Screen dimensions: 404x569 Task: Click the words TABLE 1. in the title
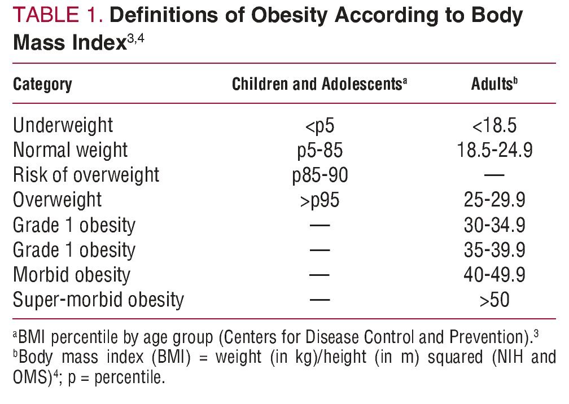[x=57, y=16]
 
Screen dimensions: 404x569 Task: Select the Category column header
[x=42, y=85]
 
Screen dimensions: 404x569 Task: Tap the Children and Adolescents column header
[x=319, y=85]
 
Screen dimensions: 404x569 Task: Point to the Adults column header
[x=494, y=85]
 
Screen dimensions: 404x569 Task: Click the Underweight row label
[x=63, y=125]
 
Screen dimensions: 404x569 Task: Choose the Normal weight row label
[x=70, y=150]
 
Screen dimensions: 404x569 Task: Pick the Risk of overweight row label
[x=86, y=175]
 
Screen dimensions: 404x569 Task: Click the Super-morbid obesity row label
[x=98, y=299]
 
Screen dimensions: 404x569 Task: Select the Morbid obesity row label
[x=71, y=275]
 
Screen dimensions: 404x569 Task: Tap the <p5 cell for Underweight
[x=319, y=125]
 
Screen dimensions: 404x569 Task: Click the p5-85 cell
[x=319, y=150]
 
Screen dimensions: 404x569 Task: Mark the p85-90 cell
[x=319, y=175]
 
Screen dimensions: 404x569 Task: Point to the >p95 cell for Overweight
[x=319, y=200]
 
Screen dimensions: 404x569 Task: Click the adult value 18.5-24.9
[x=494, y=150]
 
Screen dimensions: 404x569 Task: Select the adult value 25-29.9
[x=494, y=200]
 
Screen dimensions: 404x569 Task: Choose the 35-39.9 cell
[x=494, y=249]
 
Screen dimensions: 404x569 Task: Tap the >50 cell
[x=494, y=300]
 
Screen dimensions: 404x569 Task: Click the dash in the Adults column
[x=494, y=175]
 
